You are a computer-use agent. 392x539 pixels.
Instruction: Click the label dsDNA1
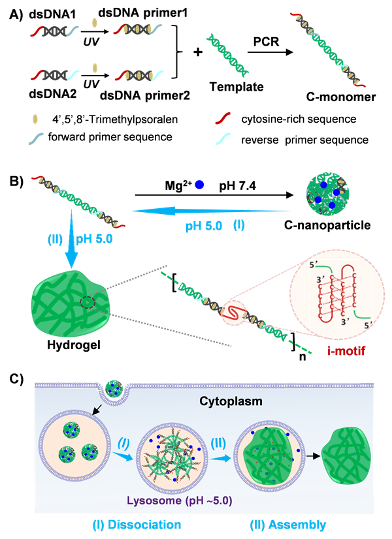pyautogui.click(x=50, y=12)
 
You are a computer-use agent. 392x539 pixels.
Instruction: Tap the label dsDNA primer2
pyautogui.click(x=138, y=94)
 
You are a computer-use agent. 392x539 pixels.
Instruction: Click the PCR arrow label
pyautogui.click(x=268, y=40)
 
